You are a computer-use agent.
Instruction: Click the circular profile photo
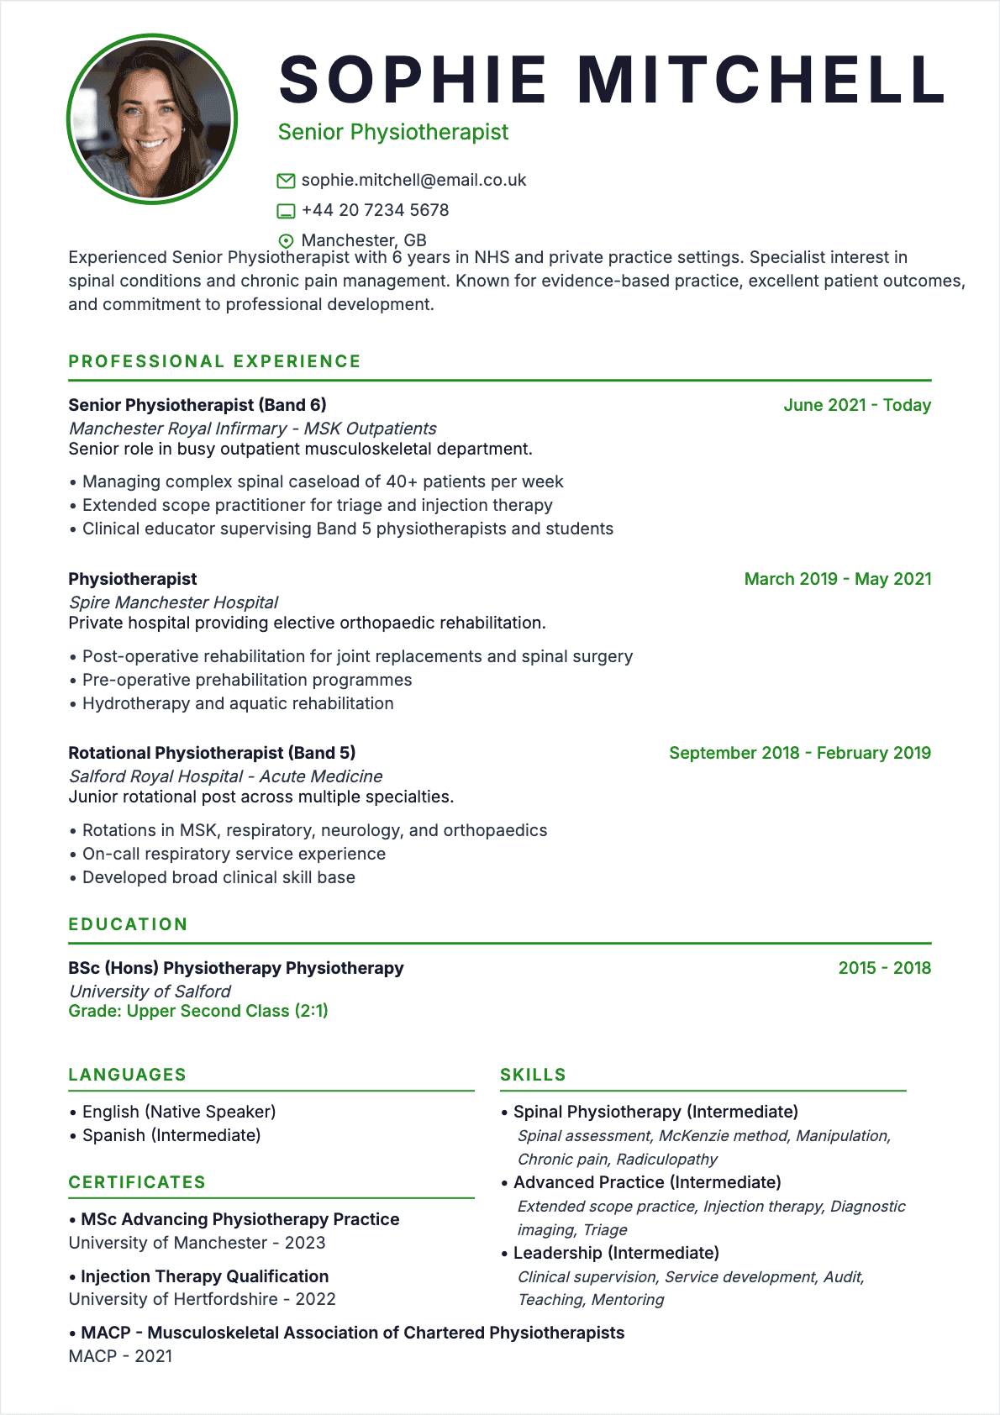click(152, 119)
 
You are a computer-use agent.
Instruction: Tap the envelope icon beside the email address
click(286, 181)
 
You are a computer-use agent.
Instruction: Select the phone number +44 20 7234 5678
click(375, 210)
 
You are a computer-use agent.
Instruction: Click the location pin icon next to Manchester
click(286, 240)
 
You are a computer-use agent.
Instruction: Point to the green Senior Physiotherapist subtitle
click(393, 132)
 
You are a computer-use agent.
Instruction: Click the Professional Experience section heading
click(214, 361)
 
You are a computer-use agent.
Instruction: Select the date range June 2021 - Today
click(857, 405)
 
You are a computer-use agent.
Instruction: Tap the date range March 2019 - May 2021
click(838, 579)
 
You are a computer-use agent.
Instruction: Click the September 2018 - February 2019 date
click(800, 753)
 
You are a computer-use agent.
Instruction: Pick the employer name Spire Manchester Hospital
click(173, 602)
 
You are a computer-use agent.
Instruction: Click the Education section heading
click(128, 924)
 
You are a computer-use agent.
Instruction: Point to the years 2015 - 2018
click(885, 968)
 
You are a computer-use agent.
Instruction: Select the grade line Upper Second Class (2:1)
click(198, 1011)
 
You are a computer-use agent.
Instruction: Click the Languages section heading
click(127, 1075)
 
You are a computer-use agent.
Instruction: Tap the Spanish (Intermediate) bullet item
click(171, 1135)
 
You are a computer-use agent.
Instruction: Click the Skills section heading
click(533, 1075)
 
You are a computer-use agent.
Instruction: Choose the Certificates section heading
click(137, 1182)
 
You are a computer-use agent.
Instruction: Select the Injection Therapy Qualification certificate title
click(204, 1276)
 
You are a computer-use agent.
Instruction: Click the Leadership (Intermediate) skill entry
click(616, 1253)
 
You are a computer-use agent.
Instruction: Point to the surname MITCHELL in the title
click(762, 80)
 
